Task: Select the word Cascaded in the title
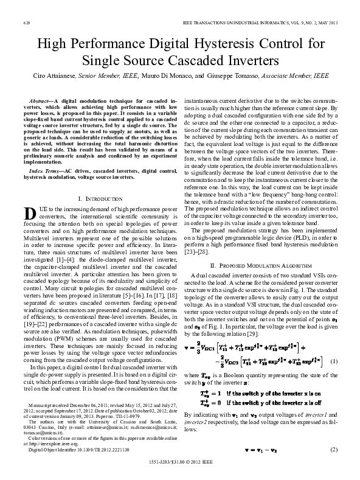pyautogui.click(x=203, y=61)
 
